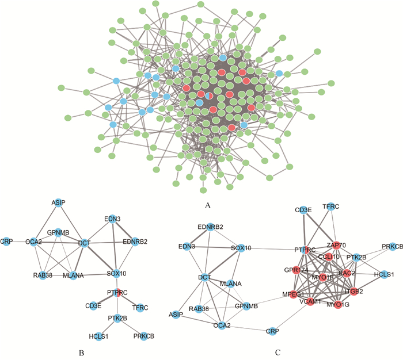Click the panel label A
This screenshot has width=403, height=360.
tap(206, 204)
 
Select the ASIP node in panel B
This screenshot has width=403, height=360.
tap(58, 204)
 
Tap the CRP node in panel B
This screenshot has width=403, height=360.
tap(6, 240)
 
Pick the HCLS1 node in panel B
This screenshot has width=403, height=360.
tap(98, 336)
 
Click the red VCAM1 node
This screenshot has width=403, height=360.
tap(310, 301)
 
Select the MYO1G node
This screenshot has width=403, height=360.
tap(339, 303)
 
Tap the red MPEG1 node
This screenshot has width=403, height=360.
tap(292, 294)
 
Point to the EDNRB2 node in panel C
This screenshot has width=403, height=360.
tap(211, 226)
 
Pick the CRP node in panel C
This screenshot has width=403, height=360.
tap(272, 331)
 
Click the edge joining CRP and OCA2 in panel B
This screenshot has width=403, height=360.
tap(18, 240)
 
